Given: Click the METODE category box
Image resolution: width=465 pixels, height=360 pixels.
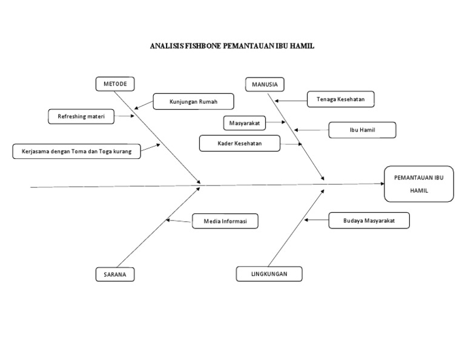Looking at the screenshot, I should (x=115, y=84).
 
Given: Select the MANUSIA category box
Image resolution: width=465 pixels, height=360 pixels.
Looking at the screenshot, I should (x=265, y=84).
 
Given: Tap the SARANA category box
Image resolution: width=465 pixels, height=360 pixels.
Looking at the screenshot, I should (x=114, y=275).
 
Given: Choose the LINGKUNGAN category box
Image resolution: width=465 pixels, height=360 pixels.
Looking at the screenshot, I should (x=269, y=274).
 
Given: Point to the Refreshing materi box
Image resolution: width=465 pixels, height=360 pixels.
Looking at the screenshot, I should (x=81, y=116).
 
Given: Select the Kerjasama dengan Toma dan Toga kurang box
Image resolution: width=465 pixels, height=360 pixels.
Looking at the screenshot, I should (x=76, y=151).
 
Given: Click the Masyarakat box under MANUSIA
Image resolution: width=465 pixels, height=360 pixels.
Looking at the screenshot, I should (x=244, y=123).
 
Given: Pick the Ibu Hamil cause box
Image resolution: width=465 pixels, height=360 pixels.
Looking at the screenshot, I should (x=362, y=130).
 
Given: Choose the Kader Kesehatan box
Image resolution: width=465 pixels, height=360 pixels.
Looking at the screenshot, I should (x=240, y=143).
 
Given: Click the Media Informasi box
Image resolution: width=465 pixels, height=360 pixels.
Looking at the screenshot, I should (x=225, y=222).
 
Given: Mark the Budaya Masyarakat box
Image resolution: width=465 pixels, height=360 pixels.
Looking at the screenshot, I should (x=369, y=221).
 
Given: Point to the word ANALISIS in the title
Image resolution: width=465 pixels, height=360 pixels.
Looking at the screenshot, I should (x=163, y=46).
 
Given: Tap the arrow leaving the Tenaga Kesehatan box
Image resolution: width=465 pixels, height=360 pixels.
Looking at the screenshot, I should (x=291, y=100).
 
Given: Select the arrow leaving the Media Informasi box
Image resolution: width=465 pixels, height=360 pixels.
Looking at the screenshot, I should (x=179, y=221).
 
